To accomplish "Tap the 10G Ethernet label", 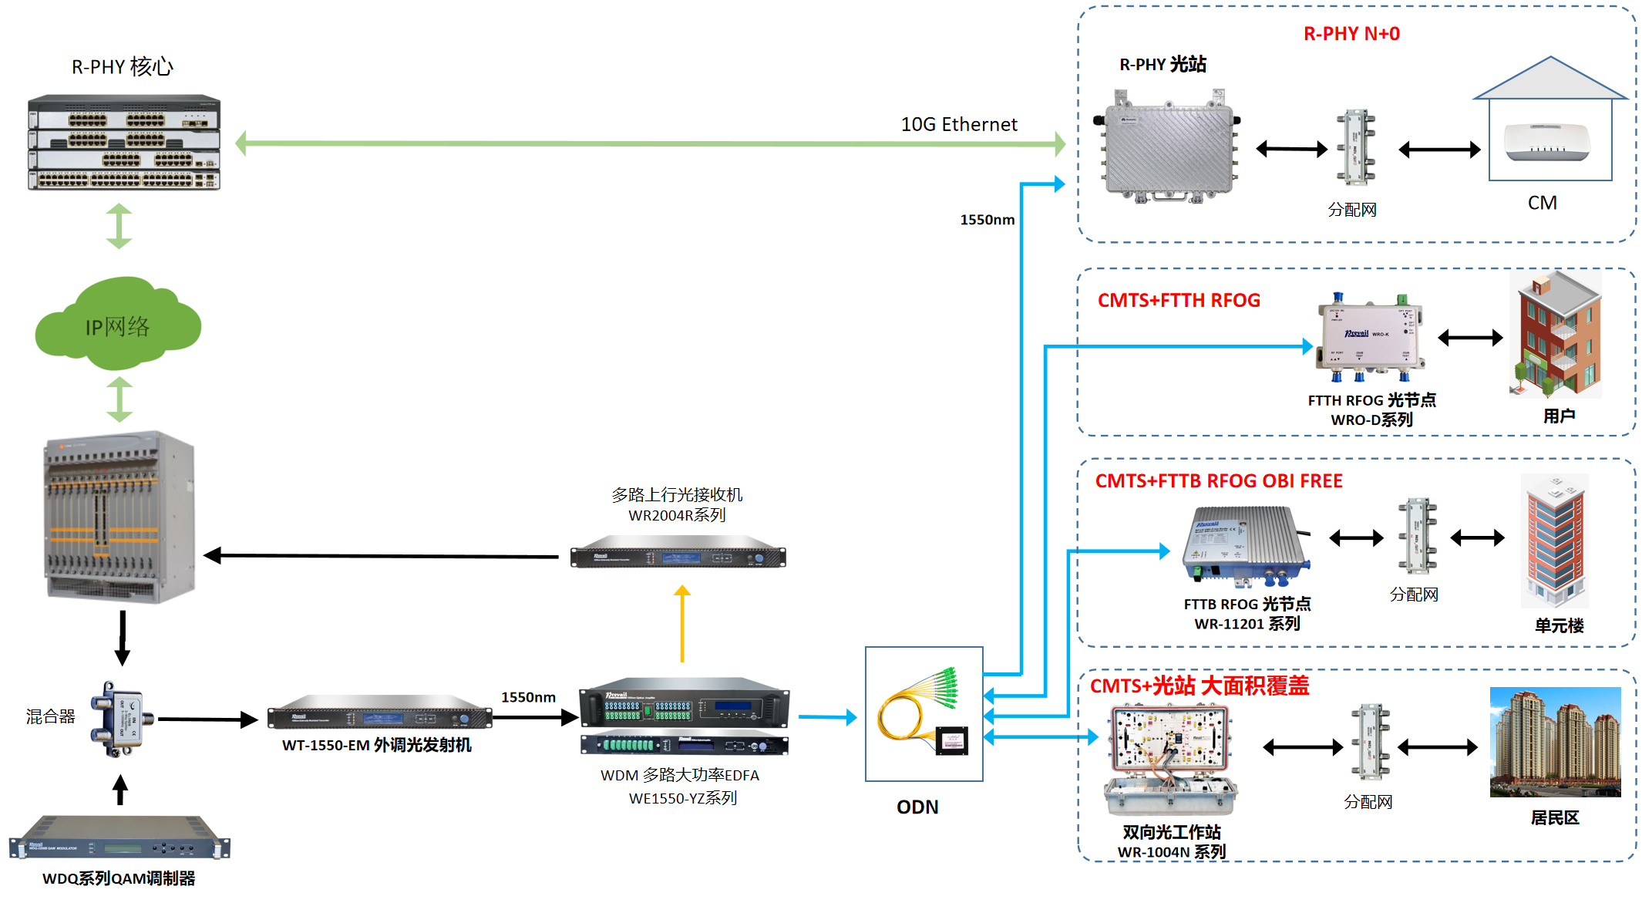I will coord(959,124).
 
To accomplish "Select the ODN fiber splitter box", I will coord(924,714).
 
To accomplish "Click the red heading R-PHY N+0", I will coord(1351,34).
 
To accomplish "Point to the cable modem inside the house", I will coord(1546,143).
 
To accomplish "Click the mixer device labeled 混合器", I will coord(121,719).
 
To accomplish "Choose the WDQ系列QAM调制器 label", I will coord(119,878).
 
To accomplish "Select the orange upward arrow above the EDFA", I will coord(682,623).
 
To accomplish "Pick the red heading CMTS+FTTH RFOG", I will coord(1179,301).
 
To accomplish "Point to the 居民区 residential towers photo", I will coord(1555,742).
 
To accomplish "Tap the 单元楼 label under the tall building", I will coord(1559,625).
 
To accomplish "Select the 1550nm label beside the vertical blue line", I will coord(987,220).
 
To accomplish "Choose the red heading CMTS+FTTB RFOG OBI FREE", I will coord(1219,481).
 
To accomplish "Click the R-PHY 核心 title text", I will coord(123,67).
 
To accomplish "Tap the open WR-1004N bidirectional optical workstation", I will coord(1170,760).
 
